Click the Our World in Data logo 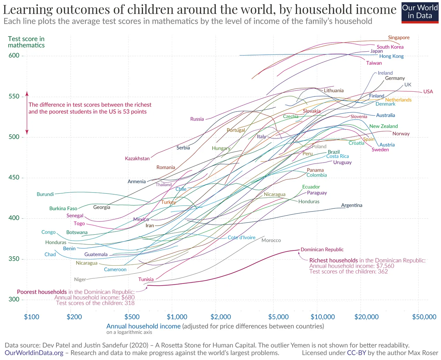pos(420,13)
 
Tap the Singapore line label pos(399,38)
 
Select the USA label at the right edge pos(428,92)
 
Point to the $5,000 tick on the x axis pos(278,317)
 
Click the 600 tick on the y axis pos(14,55)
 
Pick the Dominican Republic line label pos(322,249)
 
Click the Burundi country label pos(45,194)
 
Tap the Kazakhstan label pos(137,158)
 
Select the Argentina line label pos(351,205)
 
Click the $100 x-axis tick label pos(32,317)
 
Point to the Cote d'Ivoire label pos(242,237)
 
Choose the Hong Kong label pos(391,56)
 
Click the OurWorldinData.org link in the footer pos(34,353)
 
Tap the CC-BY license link pos(357,353)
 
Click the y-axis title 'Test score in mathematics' pos(26,42)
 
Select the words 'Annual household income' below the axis pos(143,326)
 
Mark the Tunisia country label pos(146,279)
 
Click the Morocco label pos(271,240)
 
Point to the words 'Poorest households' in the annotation pos(42,292)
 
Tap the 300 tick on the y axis pos(14,299)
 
